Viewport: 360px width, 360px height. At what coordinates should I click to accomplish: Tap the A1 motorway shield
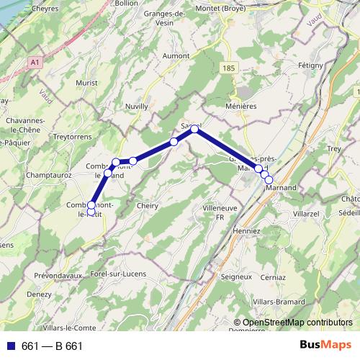tap(35, 63)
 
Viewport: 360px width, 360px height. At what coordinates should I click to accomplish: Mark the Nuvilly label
tap(136, 106)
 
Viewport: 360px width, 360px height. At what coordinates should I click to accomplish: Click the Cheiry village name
tap(147, 205)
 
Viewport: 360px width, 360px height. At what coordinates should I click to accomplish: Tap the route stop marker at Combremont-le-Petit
tap(91, 205)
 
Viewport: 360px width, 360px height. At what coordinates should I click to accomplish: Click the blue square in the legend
tap(11, 346)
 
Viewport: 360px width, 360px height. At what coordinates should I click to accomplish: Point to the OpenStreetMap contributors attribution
tap(294, 323)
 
